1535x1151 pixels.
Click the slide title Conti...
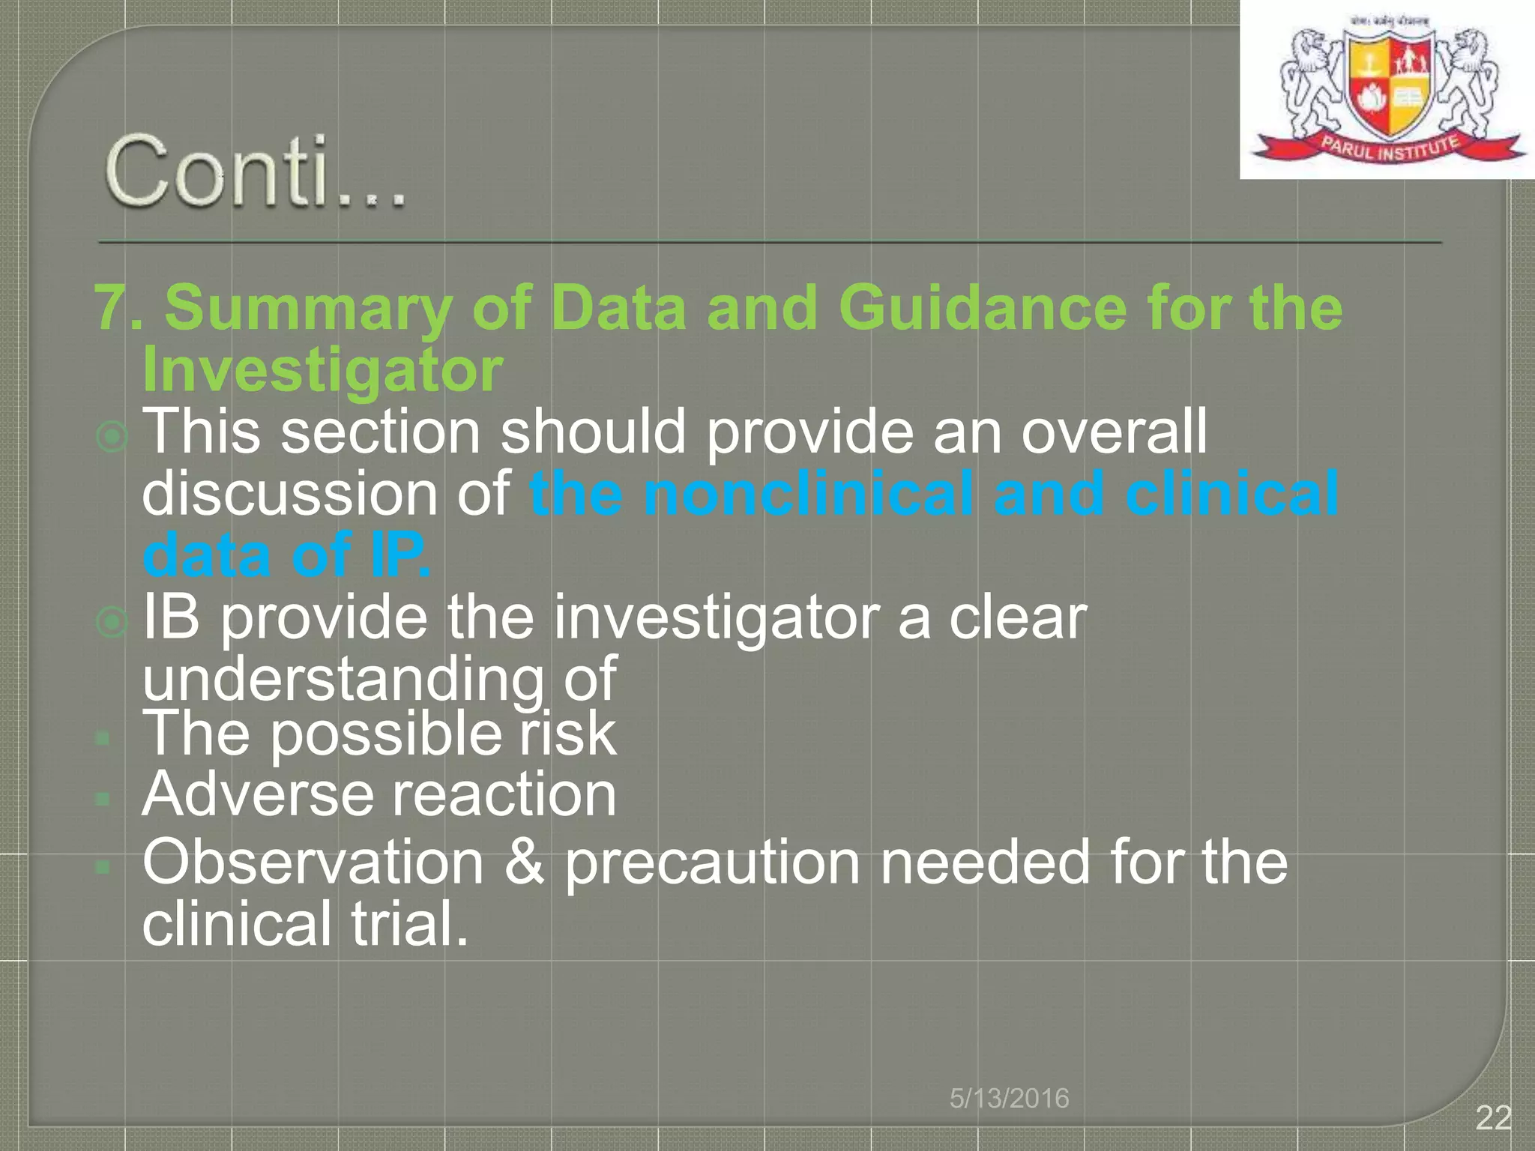255,171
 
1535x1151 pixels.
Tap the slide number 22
1492,1118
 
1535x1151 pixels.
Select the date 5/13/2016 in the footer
1009,1098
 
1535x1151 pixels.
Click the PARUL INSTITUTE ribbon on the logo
1389,147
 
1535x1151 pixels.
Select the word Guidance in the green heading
982,308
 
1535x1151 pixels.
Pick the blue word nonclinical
809,494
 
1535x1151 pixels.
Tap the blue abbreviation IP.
400,555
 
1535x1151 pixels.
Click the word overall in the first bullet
1115,432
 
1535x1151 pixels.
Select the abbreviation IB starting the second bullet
172,617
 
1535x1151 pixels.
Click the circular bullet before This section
112,436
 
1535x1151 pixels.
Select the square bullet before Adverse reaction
103,800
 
